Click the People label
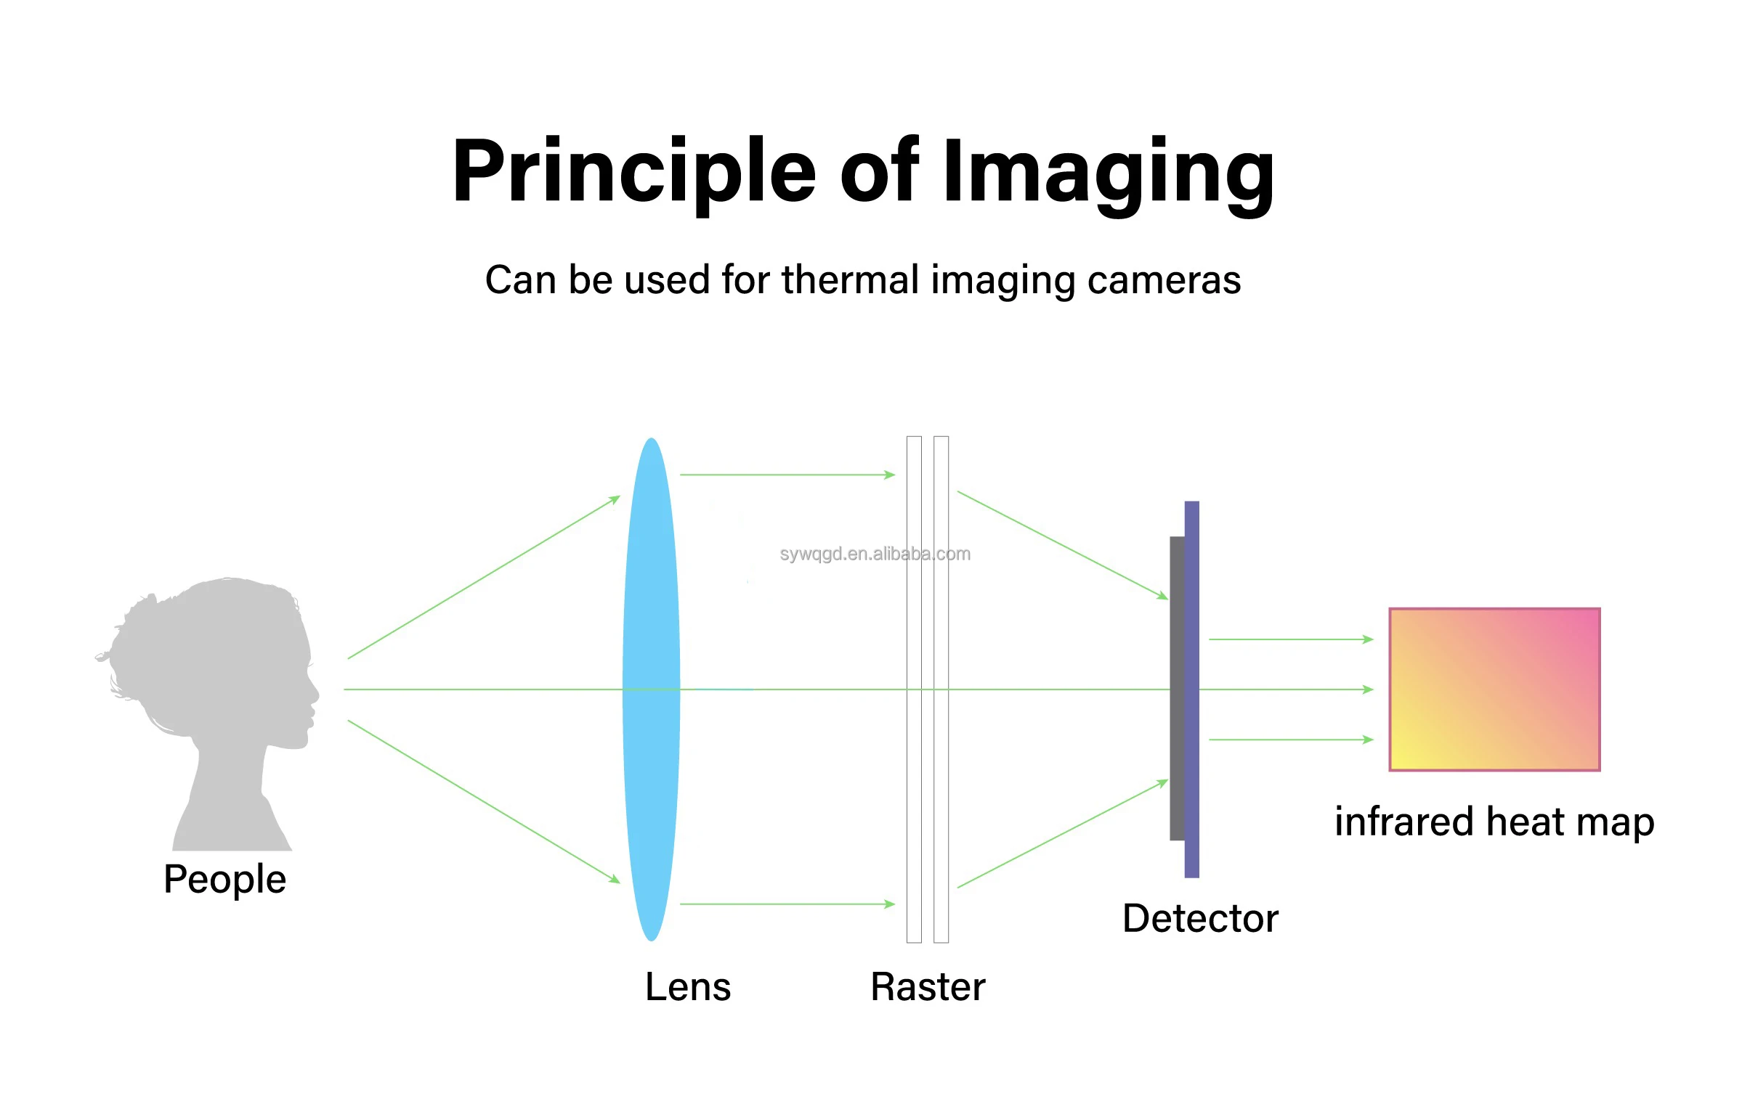coord(224,880)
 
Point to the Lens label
coord(687,987)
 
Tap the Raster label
coord(928,987)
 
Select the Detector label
coord(1200,919)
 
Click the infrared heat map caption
coord(1494,823)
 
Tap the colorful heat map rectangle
coord(1494,689)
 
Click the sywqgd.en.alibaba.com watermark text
coord(875,554)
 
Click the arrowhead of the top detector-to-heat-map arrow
coord(1369,640)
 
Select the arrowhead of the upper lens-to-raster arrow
coord(891,475)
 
